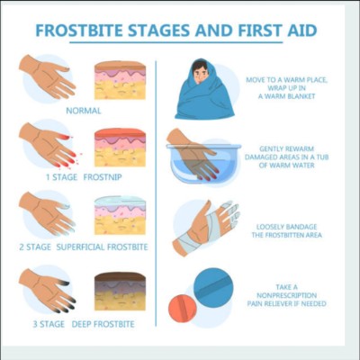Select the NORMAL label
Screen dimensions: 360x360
click(84, 111)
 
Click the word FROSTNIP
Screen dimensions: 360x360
click(103, 177)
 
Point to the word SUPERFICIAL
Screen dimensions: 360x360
click(81, 247)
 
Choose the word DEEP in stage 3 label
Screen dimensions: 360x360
click(81, 324)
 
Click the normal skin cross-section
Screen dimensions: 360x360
click(120, 80)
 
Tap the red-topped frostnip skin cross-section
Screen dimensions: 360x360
click(120, 148)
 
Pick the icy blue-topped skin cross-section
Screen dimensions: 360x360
click(120, 215)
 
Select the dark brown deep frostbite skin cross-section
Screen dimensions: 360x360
click(120, 292)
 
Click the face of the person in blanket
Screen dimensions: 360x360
click(200, 73)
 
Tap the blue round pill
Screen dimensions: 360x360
click(213, 287)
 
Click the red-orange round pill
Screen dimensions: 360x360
click(183, 309)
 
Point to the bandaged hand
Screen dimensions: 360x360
click(206, 228)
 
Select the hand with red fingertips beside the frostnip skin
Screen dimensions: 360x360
click(48, 145)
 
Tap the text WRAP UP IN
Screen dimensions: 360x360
click(286, 88)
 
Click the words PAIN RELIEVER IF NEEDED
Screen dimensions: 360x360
click(286, 303)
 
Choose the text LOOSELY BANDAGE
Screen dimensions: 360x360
click(286, 227)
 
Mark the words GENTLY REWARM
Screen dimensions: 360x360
click(286, 148)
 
